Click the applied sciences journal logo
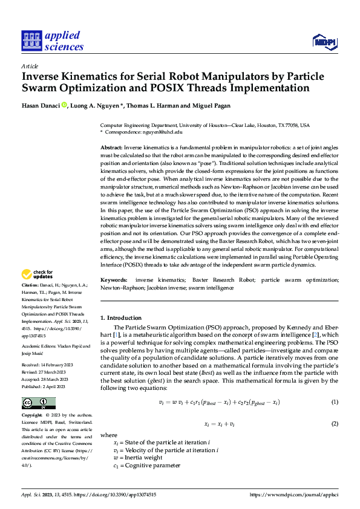[53, 39]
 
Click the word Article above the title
[30, 66]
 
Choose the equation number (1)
[334, 403]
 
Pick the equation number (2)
[334, 424]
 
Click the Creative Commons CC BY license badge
[38, 403]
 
